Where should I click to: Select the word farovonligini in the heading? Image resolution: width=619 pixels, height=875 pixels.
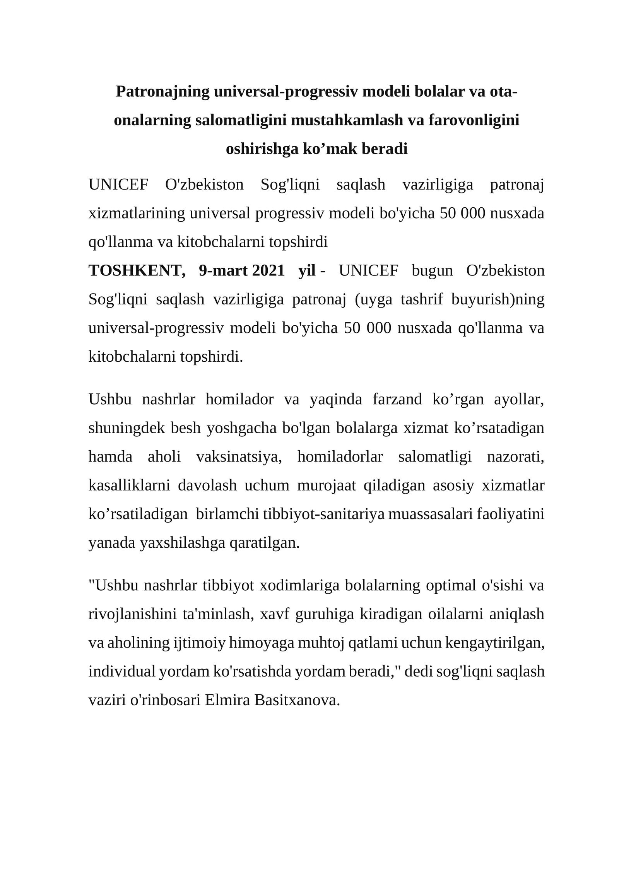coord(474,120)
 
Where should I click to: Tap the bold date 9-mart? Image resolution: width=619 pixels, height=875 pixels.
coord(223,270)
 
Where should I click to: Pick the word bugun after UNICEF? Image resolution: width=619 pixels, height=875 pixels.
coord(432,270)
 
